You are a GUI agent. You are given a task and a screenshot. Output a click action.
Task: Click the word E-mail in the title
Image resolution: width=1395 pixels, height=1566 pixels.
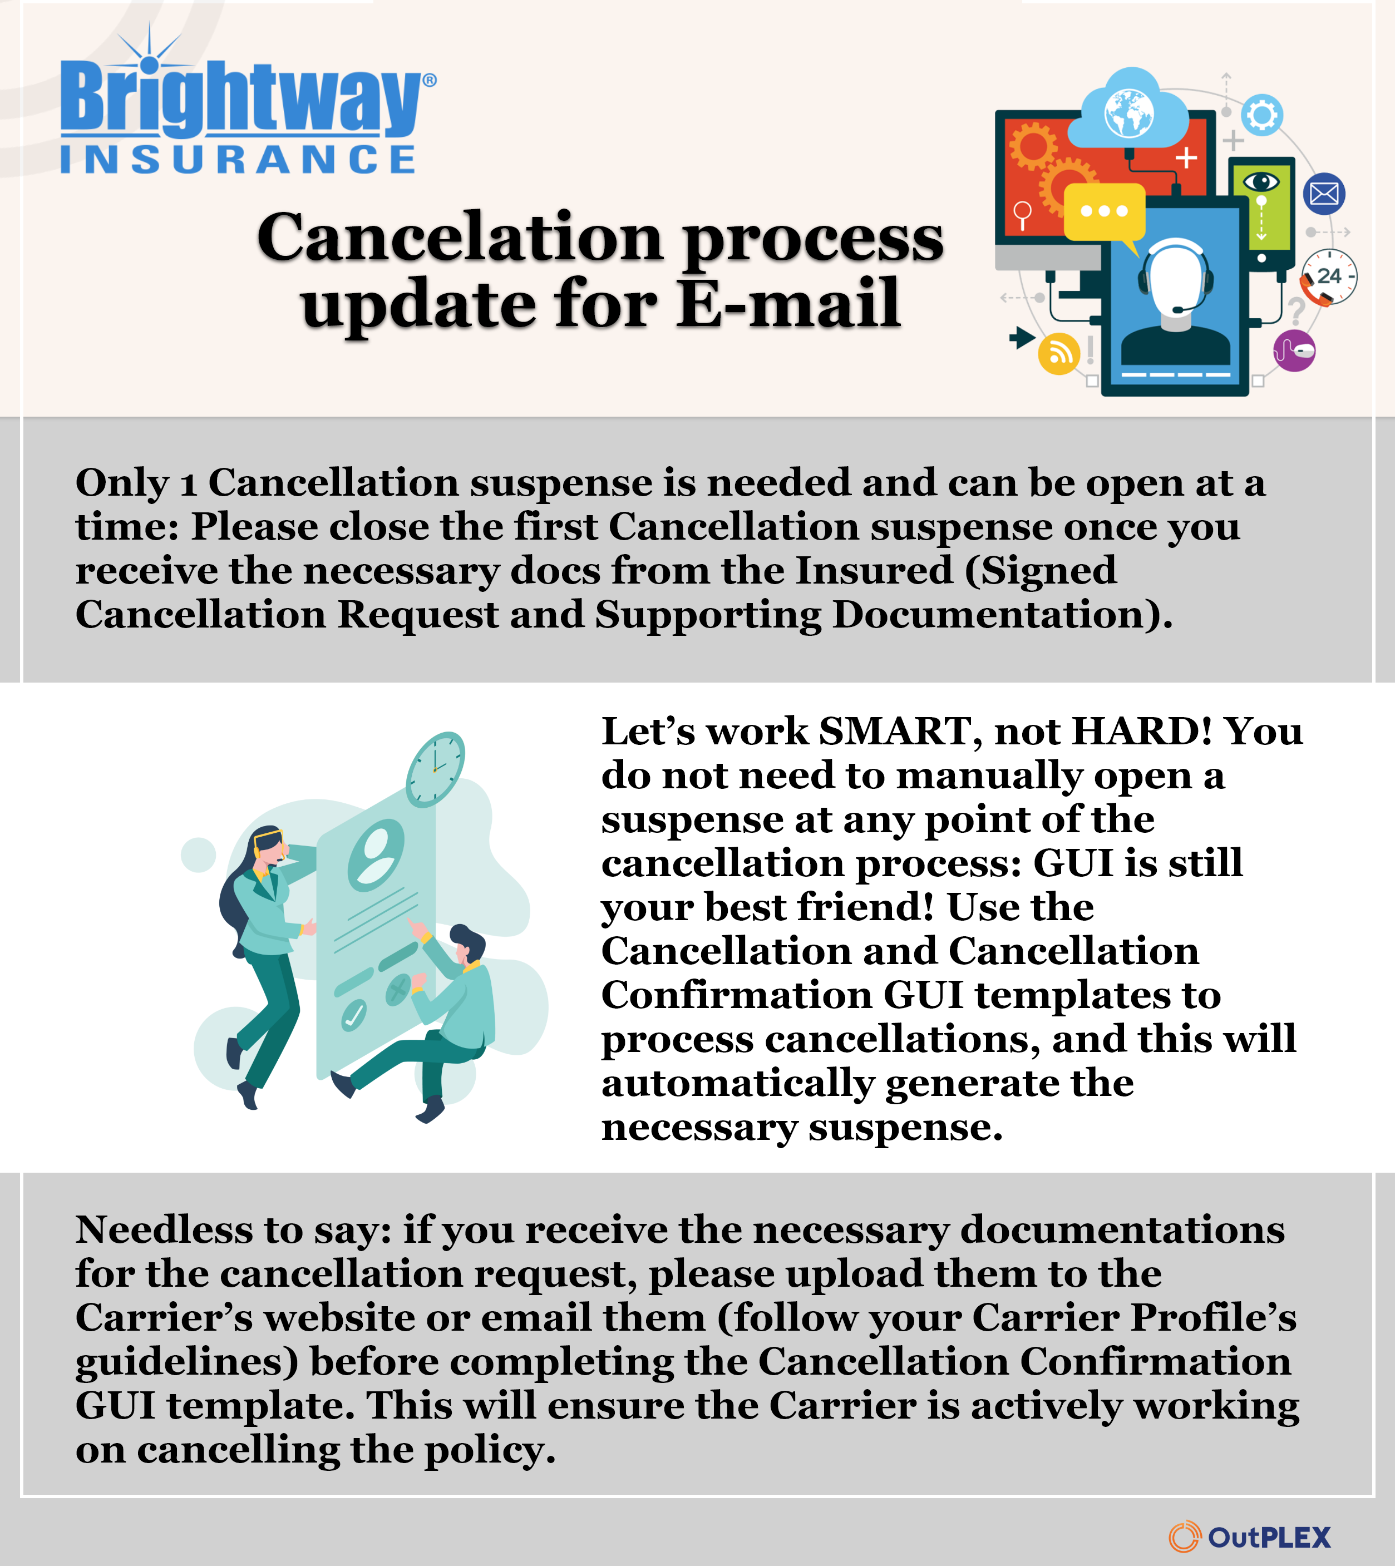click(788, 303)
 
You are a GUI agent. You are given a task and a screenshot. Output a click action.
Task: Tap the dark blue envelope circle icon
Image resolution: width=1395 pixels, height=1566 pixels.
click(1324, 194)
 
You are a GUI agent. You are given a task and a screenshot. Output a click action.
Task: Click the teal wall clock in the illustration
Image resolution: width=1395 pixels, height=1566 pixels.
click(435, 769)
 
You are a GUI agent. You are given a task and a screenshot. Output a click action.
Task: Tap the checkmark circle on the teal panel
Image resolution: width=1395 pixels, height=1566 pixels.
click(353, 1016)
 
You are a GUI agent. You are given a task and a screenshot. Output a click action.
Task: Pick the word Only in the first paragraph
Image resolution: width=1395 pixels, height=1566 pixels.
click(122, 484)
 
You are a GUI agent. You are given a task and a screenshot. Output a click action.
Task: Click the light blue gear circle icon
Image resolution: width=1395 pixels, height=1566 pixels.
click(1261, 116)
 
